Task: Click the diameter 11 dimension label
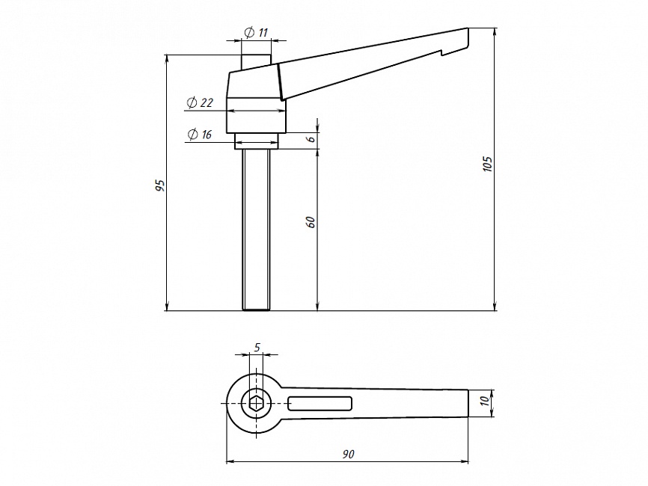pyautogui.click(x=256, y=32)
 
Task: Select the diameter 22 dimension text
pyautogui.click(x=200, y=102)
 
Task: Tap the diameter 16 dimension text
pyautogui.click(x=200, y=134)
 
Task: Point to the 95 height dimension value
pyautogui.click(x=160, y=185)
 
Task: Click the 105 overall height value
pyautogui.click(x=488, y=164)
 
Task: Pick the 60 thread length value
pyautogui.click(x=311, y=222)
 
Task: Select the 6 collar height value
pyautogui.click(x=311, y=139)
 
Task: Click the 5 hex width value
pyautogui.click(x=257, y=348)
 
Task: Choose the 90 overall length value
pyautogui.click(x=349, y=454)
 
